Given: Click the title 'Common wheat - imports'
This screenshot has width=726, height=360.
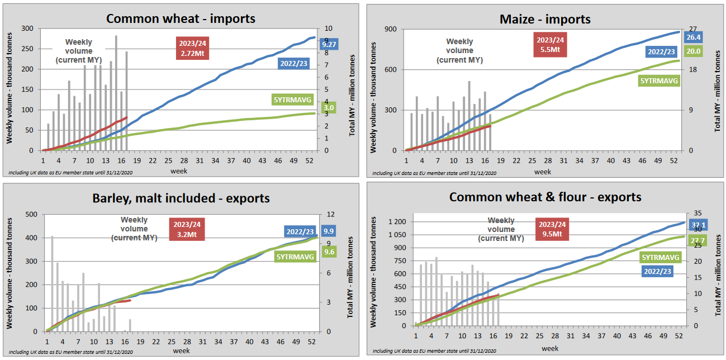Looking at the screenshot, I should click(x=181, y=18).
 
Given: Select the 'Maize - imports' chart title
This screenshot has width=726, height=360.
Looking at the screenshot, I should click(x=545, y=19).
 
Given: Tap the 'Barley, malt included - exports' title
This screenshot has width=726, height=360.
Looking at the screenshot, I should click(x=181, y=198).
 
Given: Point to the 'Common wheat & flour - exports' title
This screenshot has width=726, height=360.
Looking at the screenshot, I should click(x=545, y=197).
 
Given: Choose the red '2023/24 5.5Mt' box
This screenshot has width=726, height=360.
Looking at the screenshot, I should click(x=551, y=45).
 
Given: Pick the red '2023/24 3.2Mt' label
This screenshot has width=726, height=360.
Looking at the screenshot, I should click(x=187, y=229).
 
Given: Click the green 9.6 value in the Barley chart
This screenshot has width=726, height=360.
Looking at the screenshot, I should click(x=329, y=252).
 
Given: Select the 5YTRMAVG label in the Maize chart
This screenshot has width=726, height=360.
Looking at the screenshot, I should click(x=659, y=80).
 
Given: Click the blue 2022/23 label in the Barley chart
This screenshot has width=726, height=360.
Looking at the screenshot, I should click(x=300, y=231).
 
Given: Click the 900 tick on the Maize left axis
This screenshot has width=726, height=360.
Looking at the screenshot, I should click(x=390, y=30).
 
